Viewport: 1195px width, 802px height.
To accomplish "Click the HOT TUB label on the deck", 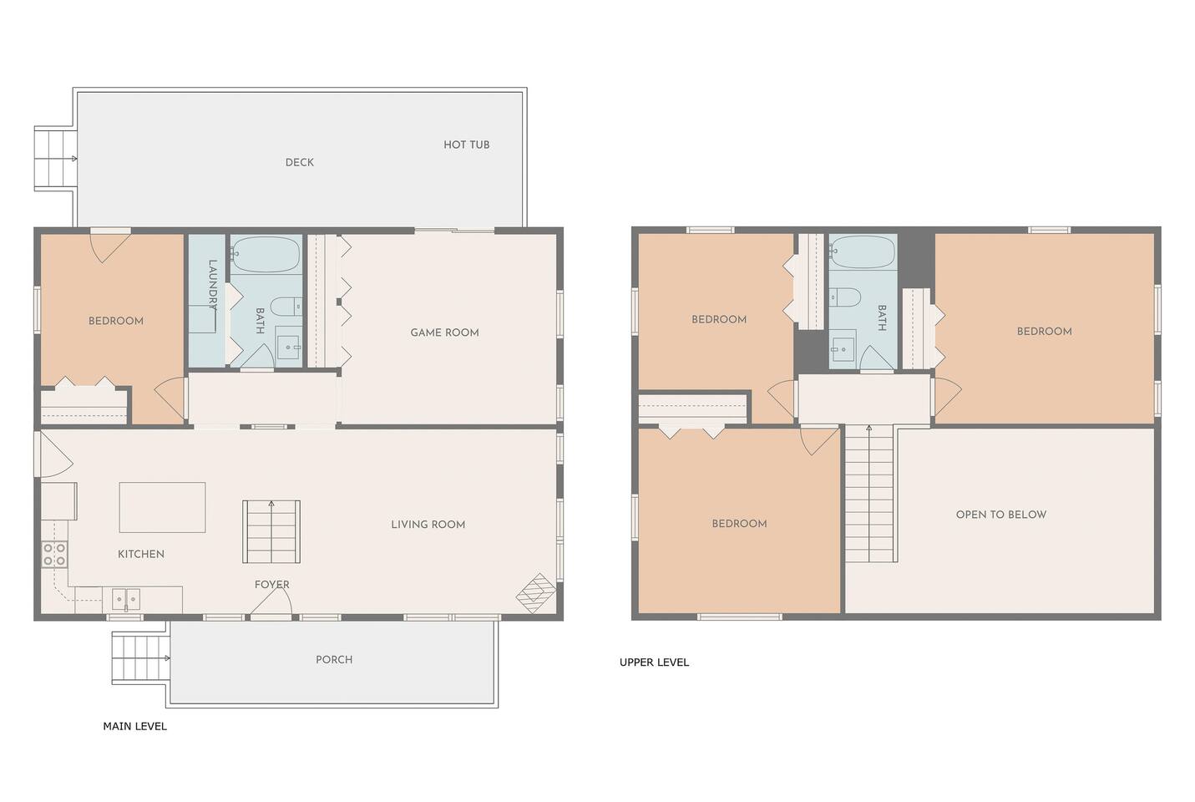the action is coord(466,145).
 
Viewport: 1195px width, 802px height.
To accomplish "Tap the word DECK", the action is coord(299,162).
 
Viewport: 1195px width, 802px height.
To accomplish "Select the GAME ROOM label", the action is coord(444,332).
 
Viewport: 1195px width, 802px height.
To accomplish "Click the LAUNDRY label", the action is coord(212,285).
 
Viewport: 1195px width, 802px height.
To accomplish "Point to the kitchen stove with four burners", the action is coord(54,554).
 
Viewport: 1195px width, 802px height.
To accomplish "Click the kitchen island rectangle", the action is coord(162,507).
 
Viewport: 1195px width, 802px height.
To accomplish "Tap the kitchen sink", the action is coord(126,599).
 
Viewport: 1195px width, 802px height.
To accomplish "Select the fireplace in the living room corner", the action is coord(536,594).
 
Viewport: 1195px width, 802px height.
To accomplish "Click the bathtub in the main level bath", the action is coord(266,255).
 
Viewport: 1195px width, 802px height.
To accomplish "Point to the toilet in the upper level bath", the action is coord(844,297).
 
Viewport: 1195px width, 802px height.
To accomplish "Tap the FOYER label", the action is coord(272,584).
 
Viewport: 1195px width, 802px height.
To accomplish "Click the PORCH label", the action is coord(334,659).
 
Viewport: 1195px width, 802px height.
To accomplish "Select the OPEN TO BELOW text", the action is coord(1000,515).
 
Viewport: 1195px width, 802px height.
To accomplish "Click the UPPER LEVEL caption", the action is coord(654,662).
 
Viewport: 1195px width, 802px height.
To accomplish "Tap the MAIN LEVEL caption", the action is coord(135,726).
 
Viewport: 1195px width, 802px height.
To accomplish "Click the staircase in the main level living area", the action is coord(271,531).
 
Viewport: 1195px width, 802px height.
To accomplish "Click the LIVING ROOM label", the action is coord(428,525).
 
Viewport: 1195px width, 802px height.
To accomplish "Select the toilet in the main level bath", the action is coord(286,307).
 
